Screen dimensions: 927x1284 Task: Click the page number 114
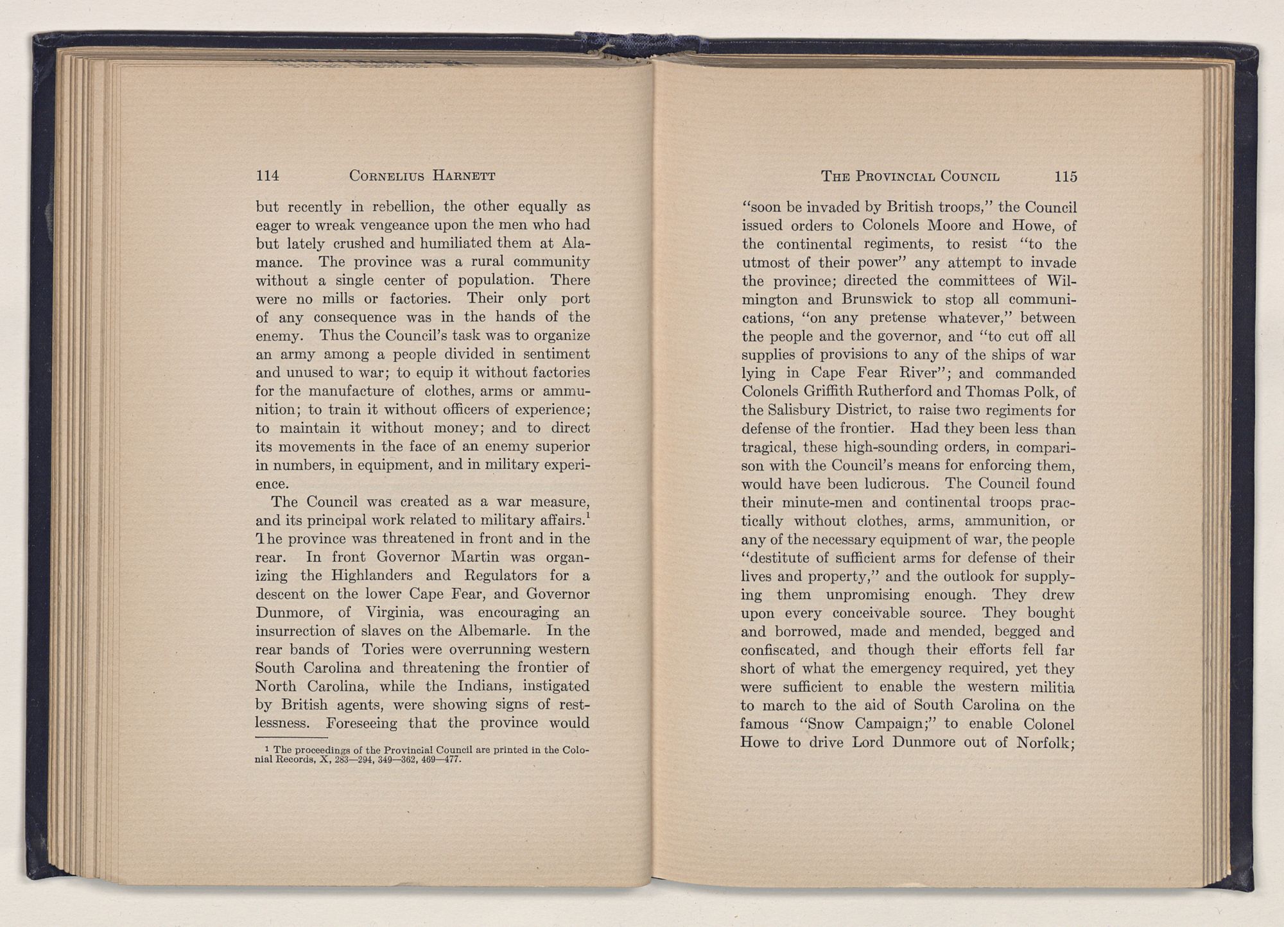tap(266, 175)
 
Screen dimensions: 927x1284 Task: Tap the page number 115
tap(1065, 176)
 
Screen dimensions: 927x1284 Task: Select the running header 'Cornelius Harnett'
tap(422, 175)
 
